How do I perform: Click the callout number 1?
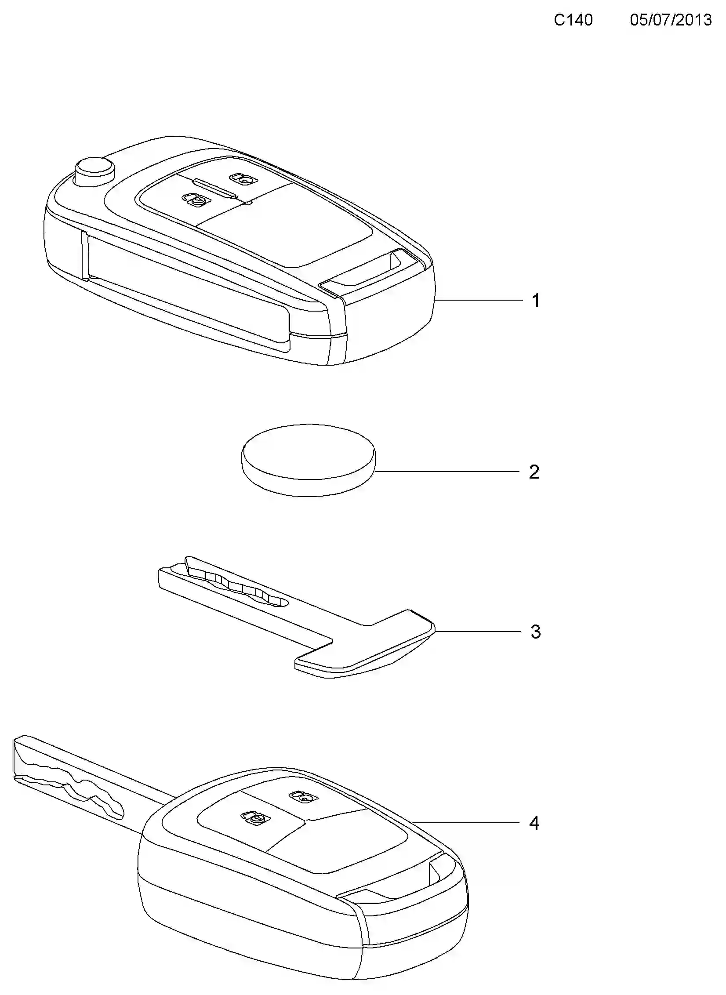536,301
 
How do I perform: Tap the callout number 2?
534,472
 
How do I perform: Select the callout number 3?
535,632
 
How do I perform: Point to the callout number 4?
534,823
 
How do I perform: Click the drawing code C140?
573,20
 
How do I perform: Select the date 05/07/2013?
671,20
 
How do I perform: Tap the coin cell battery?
309,460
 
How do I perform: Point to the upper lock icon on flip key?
243,178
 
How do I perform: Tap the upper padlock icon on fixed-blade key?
304,796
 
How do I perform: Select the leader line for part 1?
479,301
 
